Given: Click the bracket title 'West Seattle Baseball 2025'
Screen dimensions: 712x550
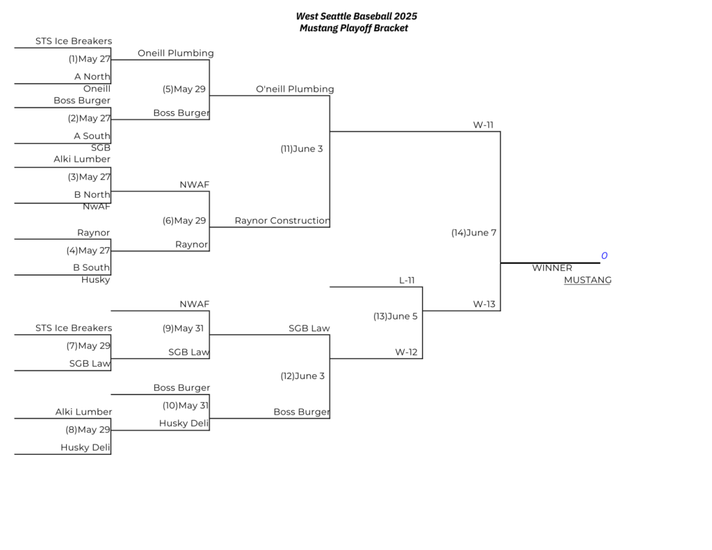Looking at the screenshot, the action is [357, 17].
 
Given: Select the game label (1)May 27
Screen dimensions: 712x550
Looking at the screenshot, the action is [90, 59].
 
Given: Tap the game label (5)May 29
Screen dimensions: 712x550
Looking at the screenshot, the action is [184, 90].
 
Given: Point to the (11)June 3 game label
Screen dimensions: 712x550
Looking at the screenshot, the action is [302, 149].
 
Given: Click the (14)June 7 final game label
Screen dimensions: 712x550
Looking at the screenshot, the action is [474, 233].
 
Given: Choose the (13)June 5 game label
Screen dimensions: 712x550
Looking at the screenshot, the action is [395, 316].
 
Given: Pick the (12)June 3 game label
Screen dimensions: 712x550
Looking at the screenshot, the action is [302, 376].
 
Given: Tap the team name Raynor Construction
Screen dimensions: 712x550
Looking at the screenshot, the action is [282, 220].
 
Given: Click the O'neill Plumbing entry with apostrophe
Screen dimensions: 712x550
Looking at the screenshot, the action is [295, 89].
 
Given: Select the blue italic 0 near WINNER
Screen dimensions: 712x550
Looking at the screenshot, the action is [604, 256].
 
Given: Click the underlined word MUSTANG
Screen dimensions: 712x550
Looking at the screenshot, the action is [588, 280].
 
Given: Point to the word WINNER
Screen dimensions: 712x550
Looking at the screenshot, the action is [552, 267].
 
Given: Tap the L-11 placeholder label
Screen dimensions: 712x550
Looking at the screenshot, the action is [407, 281].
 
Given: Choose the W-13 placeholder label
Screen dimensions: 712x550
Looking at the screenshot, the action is [484, 303].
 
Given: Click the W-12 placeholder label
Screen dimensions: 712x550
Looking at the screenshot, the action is [406, 352].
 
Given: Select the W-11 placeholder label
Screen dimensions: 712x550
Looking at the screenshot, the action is [483, 125].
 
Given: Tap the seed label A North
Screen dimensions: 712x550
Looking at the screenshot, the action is [92, 76].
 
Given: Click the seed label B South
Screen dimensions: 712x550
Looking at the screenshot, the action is [91, 267].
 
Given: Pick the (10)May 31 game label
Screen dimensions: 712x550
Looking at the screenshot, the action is [186, 406].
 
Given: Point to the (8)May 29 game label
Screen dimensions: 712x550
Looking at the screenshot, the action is [88, 429].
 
